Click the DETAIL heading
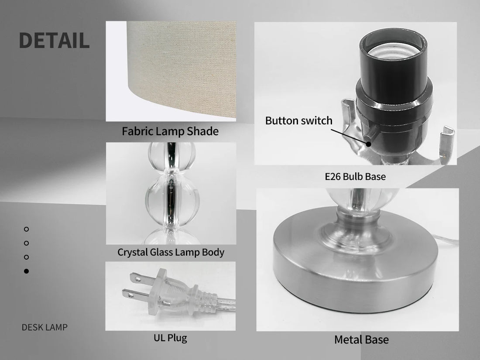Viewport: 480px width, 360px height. (54, 41)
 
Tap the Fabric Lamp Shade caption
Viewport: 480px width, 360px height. (170, 131)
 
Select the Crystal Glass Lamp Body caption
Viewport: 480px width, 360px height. (171, 252)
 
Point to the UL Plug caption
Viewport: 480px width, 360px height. (170, 338)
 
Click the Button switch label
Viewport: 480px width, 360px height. (298, 120)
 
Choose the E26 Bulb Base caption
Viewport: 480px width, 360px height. (355, 177)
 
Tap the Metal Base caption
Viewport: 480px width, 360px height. (361, 339)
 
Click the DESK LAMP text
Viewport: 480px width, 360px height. (45, 327)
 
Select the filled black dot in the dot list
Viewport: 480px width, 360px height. (26, 271)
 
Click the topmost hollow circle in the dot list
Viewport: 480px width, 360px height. (26, 229)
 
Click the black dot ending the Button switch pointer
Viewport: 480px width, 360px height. (369, 144)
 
